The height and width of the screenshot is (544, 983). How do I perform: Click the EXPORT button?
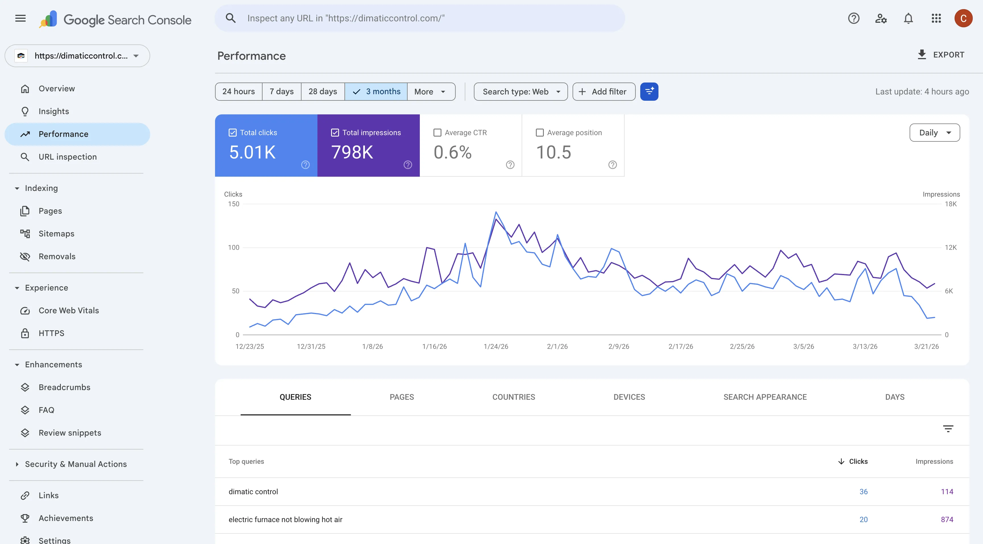(x=941, y=55)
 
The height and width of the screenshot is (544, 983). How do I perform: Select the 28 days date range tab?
(x=323, y=92)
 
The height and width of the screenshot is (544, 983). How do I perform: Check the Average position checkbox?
(x=540, y=133)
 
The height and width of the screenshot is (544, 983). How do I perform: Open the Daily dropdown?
(x=935, y=133)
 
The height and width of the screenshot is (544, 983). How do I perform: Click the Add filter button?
(x=604, y=92)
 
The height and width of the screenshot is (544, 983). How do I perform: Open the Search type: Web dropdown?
(x=521, y=92)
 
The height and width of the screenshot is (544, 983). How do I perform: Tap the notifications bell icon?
(x=908, y=18)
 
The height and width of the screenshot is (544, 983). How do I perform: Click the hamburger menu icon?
(x=20, y=18)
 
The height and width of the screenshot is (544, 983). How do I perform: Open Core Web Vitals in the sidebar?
(x=69, y=310)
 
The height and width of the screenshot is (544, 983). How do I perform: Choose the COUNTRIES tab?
(x=514, y=397)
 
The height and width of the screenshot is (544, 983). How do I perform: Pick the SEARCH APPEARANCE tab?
(x=765, y=397)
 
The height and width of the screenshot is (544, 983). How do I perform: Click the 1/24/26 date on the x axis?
(x=496, y=347)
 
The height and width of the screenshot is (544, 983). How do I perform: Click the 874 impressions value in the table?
(x=947, y=520)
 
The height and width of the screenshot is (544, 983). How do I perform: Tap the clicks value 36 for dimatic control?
(x=863, y=492)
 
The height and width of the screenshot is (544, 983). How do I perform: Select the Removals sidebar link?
(x=57, y=257)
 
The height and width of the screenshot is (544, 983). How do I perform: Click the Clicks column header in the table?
(x=858, y=461)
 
